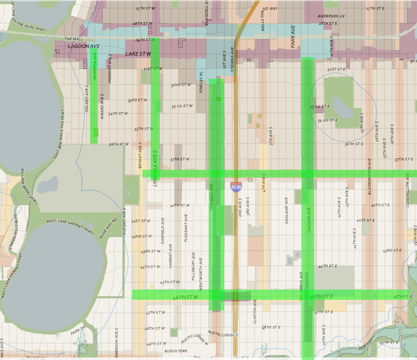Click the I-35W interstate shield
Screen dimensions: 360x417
235,187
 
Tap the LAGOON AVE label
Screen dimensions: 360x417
84,46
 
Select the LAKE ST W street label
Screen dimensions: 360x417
138,53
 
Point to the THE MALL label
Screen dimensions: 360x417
73,39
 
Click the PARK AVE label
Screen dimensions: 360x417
294,40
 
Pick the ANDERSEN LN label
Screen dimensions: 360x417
331,16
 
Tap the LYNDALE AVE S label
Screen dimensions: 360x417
155,168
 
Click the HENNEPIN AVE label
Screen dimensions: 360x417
95,67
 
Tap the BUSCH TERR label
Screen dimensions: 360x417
175,351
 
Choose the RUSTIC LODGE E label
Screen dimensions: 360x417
223,334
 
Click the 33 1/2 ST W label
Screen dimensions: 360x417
182,106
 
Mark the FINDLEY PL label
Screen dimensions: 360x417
202,82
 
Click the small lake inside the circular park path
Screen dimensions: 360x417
340,107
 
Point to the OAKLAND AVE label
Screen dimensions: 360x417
287,210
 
